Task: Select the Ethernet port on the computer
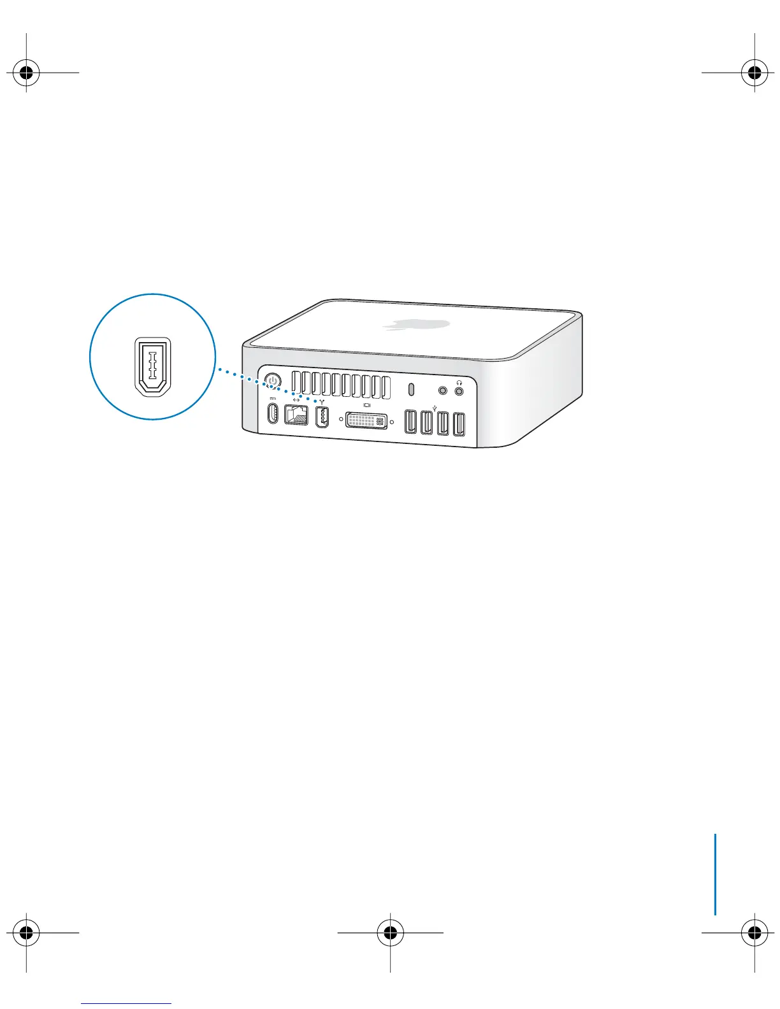pyautogui.click(x=296, y=415)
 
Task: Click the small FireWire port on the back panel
pyautogui.click(x=322, y=418)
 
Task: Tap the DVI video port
pyautogui.click(x=366, y=420)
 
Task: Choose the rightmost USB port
pyautogui.click(x=459, y=426)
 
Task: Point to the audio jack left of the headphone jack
pyautogui.click(x=444, y=389)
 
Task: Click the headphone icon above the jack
pyautogui.click(x=459, y=382)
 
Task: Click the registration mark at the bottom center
pyautogui.click(x=390, y=933)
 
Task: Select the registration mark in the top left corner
pyautogui.click(x=26, y=73)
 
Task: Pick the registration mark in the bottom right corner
pyautogui.click(x=754, y=933)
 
